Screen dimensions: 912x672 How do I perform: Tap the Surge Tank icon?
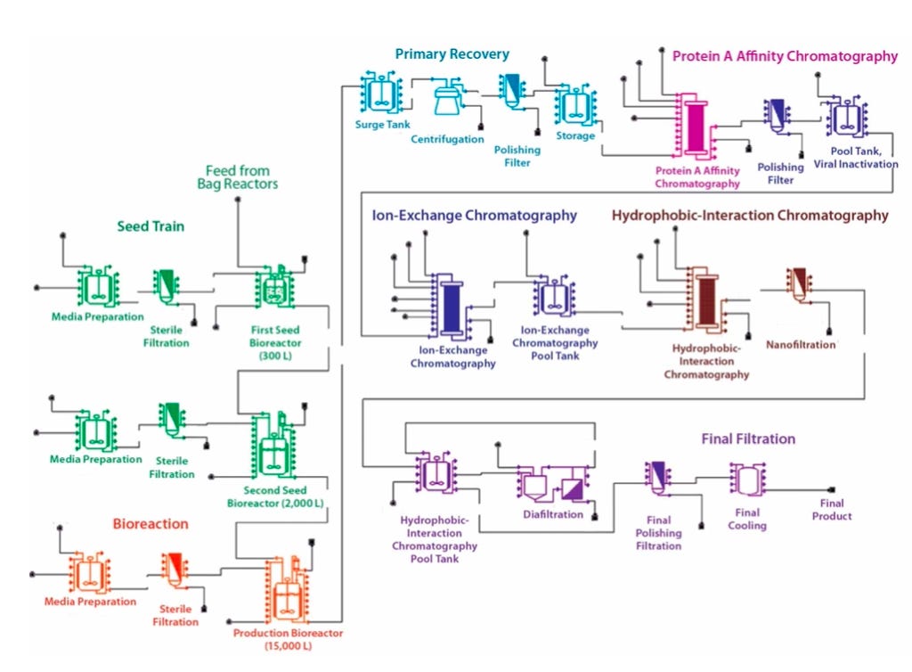[x=381, y=93]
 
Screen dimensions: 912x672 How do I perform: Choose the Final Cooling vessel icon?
[x=747, y=480]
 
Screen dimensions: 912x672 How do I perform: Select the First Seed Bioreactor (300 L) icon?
[x=274, y=287]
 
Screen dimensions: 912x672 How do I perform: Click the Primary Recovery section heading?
[x=452, y=54]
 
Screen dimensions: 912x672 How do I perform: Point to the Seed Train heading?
[x=151, y=226]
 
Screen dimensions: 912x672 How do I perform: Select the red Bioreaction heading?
[x=151, y=524]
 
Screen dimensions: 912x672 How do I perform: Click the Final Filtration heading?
[x=748, y=438]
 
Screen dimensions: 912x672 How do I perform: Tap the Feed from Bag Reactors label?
[x=237, y=177]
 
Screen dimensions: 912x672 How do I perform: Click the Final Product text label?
[x=832, y=510]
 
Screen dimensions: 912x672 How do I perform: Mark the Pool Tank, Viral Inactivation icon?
[x=846, y=117]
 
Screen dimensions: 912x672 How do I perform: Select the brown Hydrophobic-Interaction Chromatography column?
[x=706, y=300]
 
